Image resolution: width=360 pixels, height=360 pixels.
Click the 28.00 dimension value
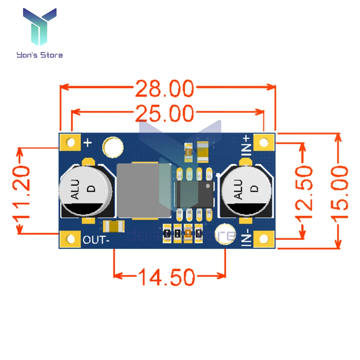point(165,89)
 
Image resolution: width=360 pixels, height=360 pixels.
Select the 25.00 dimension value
point(165,114)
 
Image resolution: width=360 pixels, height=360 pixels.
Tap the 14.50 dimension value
point(166,278)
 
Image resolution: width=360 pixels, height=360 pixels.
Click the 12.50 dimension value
point(304,193)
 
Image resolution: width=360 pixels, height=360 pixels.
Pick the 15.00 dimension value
point(339,193)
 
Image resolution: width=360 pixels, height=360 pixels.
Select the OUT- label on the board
point(96,239)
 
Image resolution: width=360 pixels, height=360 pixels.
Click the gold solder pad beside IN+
point(264,143)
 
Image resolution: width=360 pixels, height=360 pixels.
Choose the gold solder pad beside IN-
point(264,239)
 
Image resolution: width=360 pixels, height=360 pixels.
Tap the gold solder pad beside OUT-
point(71,239)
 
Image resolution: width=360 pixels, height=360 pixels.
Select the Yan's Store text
point(40,55)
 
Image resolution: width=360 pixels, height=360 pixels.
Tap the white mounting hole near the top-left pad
point(113,147)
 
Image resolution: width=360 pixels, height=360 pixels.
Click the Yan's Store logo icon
point(40,27)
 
